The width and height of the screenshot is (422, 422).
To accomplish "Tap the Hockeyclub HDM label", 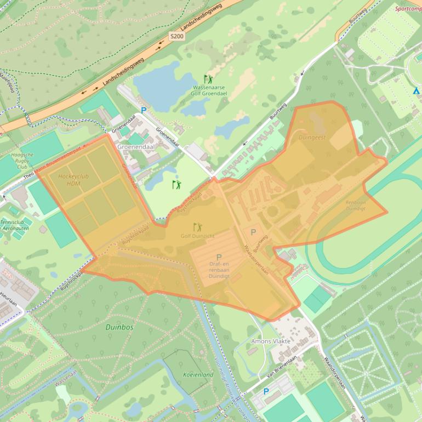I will pyautogui.click(x=73, y=180).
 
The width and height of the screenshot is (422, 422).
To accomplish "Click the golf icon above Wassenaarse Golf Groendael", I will pyautogui.click(x=208, y=79).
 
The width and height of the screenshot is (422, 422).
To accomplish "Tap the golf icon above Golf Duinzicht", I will pyautogui.click(x=197, y=226).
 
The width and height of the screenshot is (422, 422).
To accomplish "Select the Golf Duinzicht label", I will pyautogui.click(x=197, y=236).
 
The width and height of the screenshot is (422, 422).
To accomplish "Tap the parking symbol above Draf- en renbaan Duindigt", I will pyautogui.click(x=219, y=257).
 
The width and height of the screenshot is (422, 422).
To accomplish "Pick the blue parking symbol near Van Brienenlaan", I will pyautogui.click(x=266, y=391).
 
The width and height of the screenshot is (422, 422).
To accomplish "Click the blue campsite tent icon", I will pyautogui.click(x=417, y=91).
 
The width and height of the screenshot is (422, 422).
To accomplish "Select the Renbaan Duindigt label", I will pyautogui.click(x=355, y=206).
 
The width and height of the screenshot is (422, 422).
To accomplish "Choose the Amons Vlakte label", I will pyautogui.click(x=271, y=341).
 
